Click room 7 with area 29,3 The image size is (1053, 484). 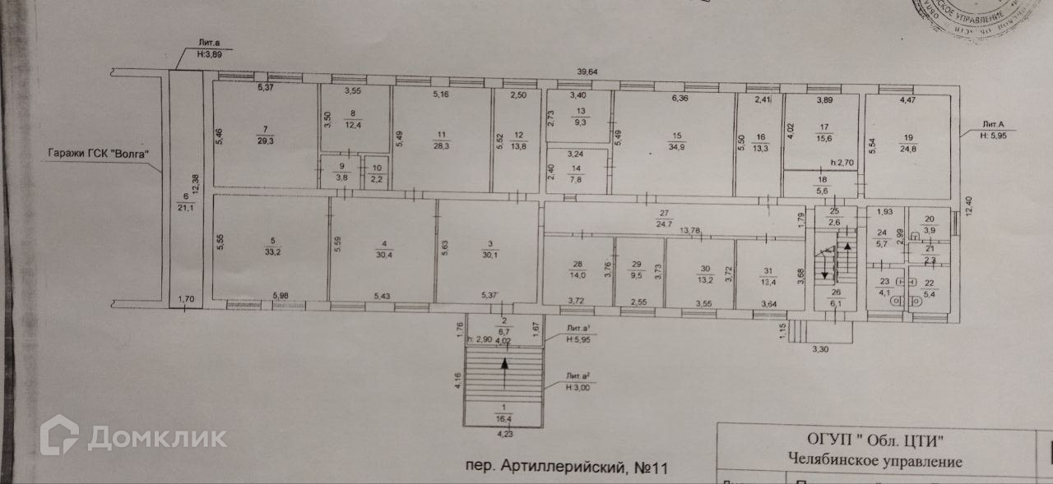click(x=265, y=134)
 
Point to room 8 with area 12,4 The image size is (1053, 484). click(x=353, y=120)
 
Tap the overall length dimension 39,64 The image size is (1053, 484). click(x=587, y=72)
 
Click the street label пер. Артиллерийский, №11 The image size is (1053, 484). click(x=564, y=468)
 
